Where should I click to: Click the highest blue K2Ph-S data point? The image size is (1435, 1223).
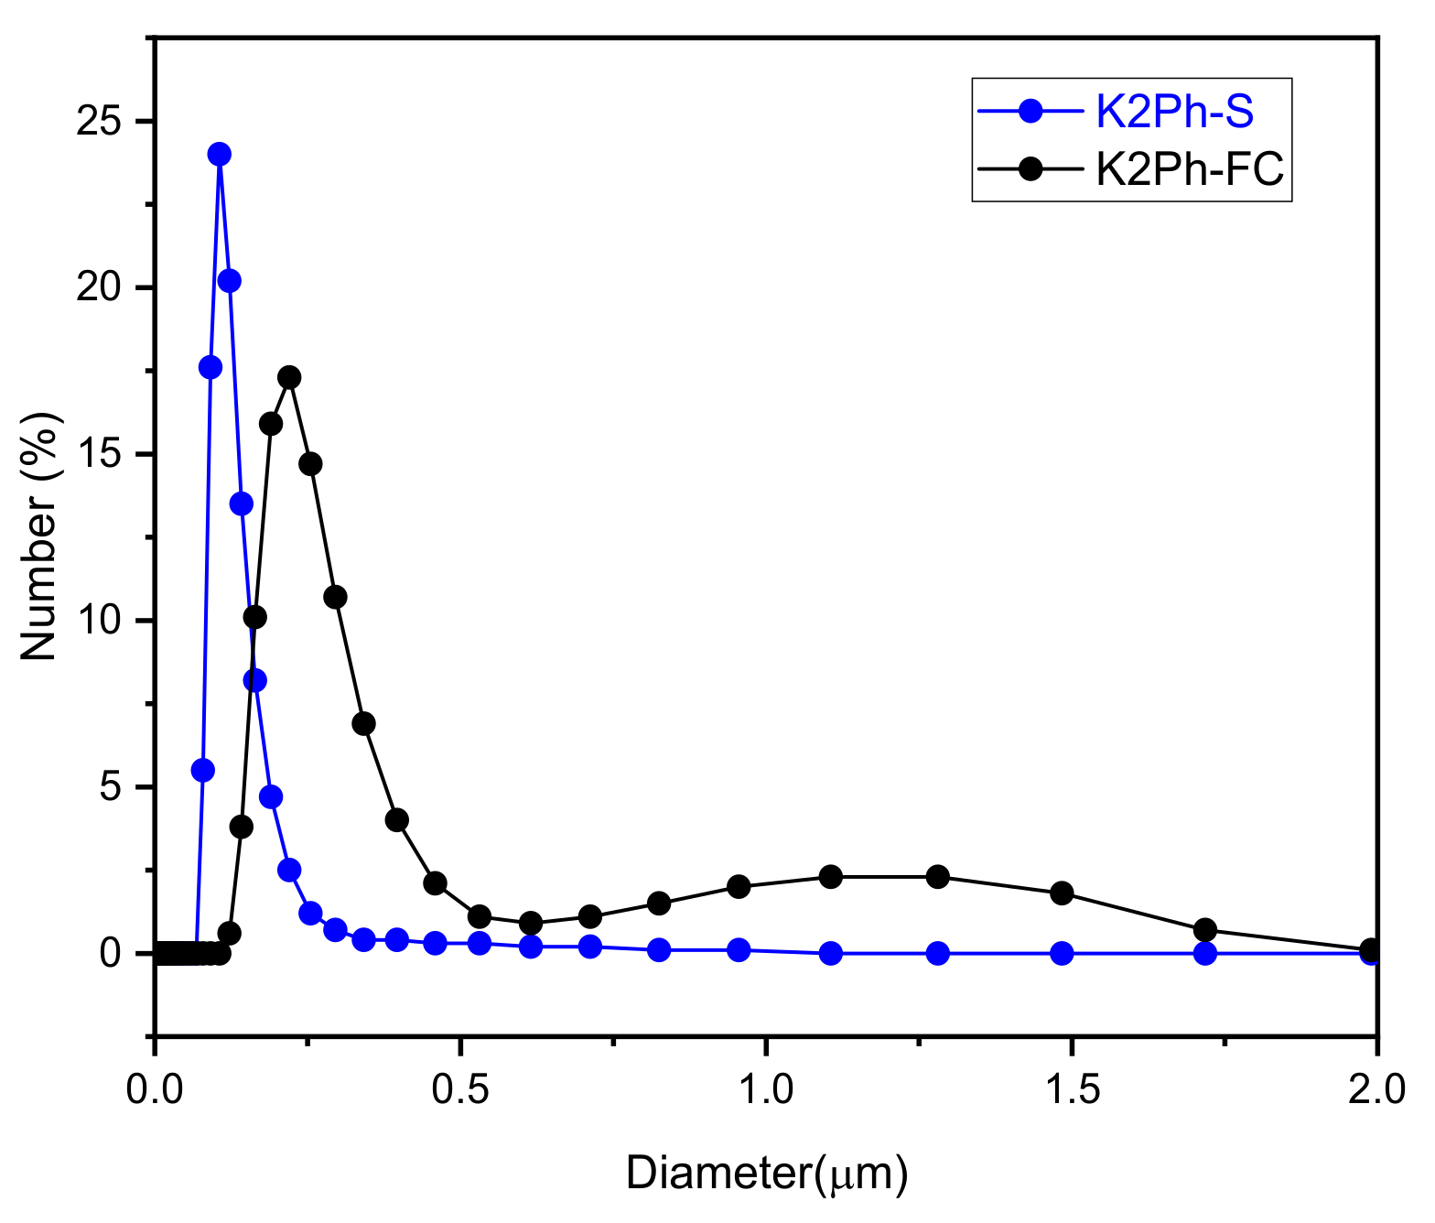pyautogui.click(x=219, y=154)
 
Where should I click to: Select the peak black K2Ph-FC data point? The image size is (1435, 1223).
pyautogui.click(x=289, y=377)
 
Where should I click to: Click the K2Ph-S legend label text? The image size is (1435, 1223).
pyautogui.click(x=1174, y=113)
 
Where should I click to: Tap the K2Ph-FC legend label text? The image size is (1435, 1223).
pyautogui.click(x=1190, y=168)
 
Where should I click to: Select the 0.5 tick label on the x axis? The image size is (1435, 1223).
pyautogui.click(x=461, y=1090)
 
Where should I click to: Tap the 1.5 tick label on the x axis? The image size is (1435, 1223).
pyautogui.click(x=1071, y=1090)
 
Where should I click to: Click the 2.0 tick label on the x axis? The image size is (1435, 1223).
pyautogui.click(x=1376, y=1090)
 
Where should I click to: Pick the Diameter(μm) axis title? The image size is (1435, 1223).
pyautogui.click(x=767, y=1174)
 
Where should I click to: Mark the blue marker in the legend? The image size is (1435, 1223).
pyautogui.click(x=1030, y=113)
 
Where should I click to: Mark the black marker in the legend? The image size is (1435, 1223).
pyautogui.click(x=1030, y=168)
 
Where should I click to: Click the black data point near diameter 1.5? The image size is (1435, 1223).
pyautogui.click(x=1062, y=893)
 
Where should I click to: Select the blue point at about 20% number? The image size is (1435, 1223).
pyautogui.click(x=230, y=280)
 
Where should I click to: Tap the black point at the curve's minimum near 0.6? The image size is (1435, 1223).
pyautogui.click(x=531, y=922)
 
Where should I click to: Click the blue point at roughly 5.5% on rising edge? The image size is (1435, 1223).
pyautogui.click(x=203, y=770)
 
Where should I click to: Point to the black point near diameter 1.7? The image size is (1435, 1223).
pyautogui.click(x=1205, y=930)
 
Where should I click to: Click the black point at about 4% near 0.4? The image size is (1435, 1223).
pyautogui.click(x=396, y=819)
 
